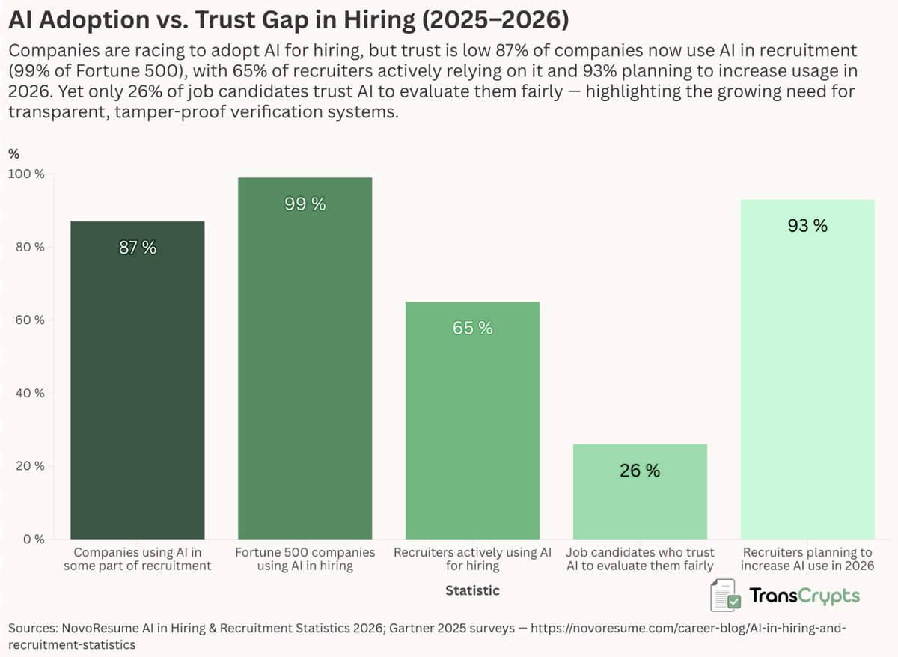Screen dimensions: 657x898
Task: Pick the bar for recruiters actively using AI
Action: [x=472, y=420]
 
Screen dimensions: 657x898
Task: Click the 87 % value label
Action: [x=138, y=248]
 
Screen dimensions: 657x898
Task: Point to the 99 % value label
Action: [x=305, y=204]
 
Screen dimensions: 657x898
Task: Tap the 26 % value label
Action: [x=640, y=471]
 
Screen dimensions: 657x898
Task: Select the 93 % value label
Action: [x=807, y=226]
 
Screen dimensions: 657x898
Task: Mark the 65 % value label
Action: [x=472, y=328]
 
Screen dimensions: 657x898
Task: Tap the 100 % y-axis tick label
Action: [x=26, y=174]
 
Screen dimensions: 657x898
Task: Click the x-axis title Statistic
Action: [x=472, y=590]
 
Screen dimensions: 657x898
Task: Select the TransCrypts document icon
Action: [x=725, y=596]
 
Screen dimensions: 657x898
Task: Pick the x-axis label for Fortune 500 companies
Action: [x=305, y=559]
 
